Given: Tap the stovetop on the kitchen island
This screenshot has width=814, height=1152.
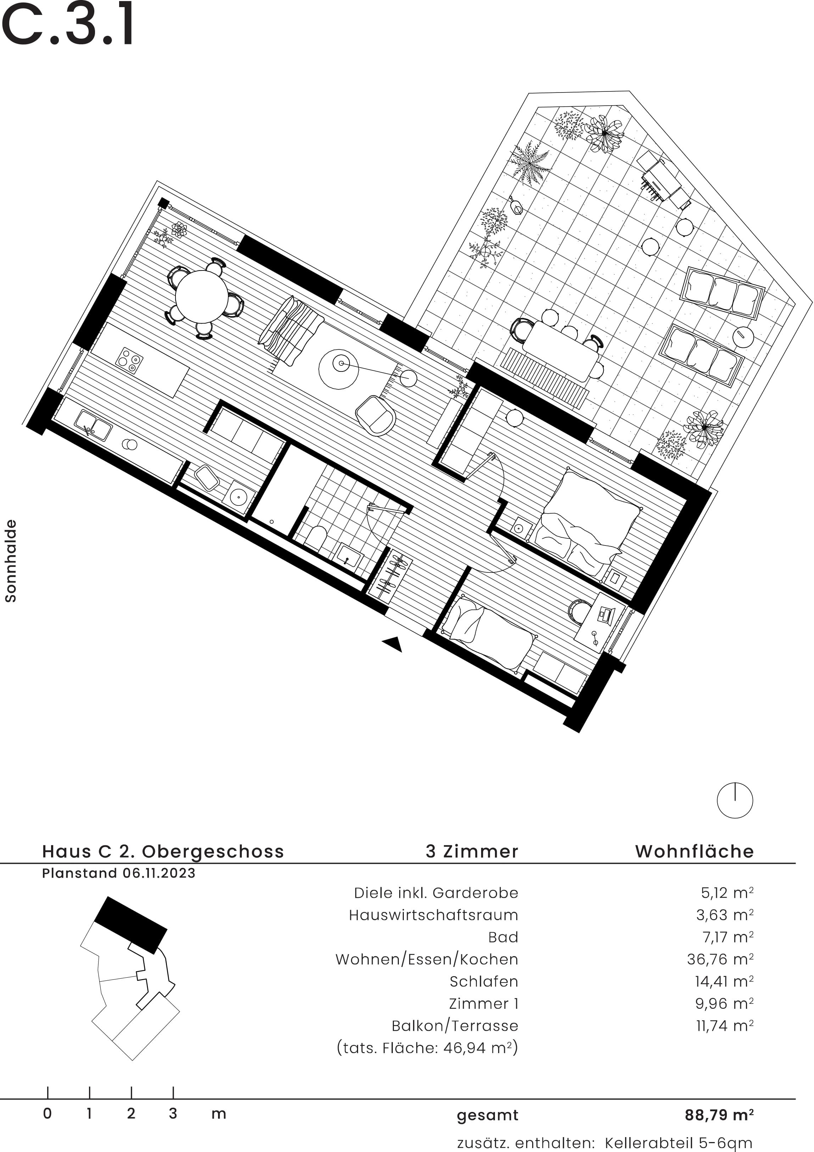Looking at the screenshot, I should [129, 360].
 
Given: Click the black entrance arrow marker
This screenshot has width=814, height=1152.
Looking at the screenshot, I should [393, 644].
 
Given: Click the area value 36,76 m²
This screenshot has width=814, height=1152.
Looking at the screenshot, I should [720, 959].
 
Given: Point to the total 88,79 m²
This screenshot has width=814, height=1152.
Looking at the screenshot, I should [719, 1115].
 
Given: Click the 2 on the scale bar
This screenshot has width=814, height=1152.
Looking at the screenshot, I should [131, 1114].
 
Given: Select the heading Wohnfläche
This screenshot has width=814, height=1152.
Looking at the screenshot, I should [694, 851].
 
